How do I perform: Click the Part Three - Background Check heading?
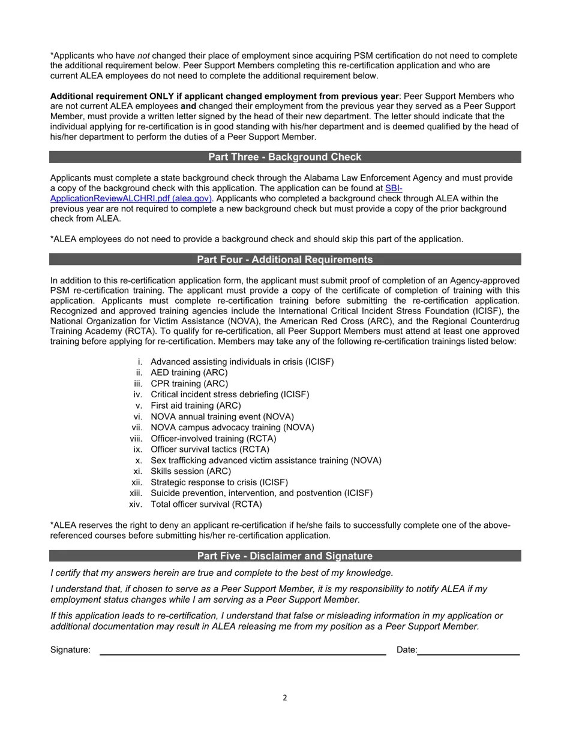click(284, 157)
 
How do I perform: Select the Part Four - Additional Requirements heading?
click(284, 259)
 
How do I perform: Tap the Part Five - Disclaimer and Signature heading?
click(284, 556)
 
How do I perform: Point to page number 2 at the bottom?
click(285, 697)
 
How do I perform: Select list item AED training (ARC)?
click(189, 373)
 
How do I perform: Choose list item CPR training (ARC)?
click(189, 383)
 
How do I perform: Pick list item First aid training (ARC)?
click(196, 406)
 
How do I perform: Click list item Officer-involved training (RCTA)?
click(213, 439)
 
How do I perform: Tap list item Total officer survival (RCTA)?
click(206, 505)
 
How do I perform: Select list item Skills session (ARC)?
click(190, 472)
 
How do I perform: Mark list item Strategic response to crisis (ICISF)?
click(219, 482)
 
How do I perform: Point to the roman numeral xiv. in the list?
click(136, 505)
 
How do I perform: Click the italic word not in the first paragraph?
click(143, 56)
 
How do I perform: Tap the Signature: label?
click(70, 650)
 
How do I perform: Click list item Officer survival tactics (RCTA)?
click(209, 449)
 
